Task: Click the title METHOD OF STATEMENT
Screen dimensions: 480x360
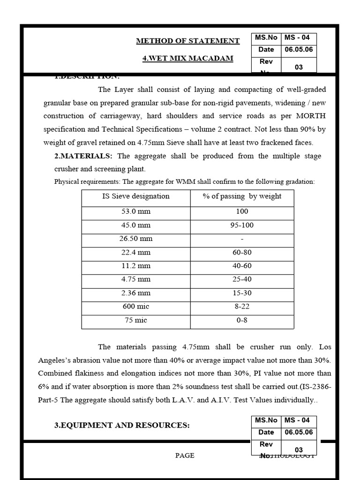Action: click(x=187, y=41)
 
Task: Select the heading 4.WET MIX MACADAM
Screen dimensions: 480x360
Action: click(x=187, y=59)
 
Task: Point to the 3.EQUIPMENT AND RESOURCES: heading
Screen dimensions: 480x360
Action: click(x=122, y=425)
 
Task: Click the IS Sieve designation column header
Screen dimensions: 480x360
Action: click(x=136, y=196)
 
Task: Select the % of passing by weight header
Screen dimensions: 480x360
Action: click(x=242, y=196)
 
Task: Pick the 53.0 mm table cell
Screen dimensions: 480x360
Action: click(x=136, y=211)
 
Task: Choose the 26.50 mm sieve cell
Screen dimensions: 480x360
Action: click(x=136, y=239)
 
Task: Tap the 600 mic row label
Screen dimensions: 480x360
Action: click(x=136, y=307)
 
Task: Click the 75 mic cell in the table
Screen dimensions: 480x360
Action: click(x=136, y=320)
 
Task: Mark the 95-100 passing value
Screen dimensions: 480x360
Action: click(x=242, y=225)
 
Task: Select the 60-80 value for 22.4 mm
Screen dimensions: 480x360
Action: click(x=242, y=252)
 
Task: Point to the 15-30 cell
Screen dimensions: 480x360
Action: click(x=242, y=293)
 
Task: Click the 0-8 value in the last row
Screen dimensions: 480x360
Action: click(x=242, y=320)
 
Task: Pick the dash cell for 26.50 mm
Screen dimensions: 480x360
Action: click(x=242, y=239)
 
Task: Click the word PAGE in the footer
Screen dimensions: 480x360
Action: click(x=185, y=456)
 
